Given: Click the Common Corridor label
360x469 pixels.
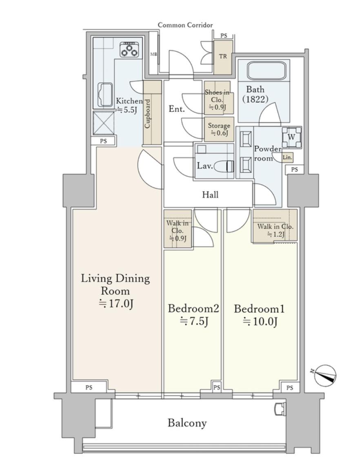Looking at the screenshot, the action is [x=185, y=25].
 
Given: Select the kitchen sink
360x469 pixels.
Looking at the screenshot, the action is [x=106, y=94].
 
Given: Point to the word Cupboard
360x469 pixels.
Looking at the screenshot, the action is [x=147, y=114].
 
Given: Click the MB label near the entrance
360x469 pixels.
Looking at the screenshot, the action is [x=153, y=54].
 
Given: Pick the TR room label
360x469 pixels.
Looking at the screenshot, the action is [x=223, y=56].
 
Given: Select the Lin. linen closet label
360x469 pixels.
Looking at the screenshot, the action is [x=287, y=157].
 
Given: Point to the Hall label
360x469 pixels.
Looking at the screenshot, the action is [x=210, y=195].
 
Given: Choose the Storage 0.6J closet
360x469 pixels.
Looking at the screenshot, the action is [x=219, y=129].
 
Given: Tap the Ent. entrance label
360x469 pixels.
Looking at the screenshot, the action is [x=177, y=109].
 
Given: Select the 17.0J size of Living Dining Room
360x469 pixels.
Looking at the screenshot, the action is [x=116, y=304].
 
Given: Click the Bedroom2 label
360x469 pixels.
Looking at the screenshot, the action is [x=193, y=308].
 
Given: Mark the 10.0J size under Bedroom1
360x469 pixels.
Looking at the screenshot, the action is [x=260, y=321].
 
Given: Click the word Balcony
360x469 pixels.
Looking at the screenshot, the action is [x=187, y=423].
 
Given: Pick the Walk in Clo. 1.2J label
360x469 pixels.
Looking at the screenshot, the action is [x=275, y=230].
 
